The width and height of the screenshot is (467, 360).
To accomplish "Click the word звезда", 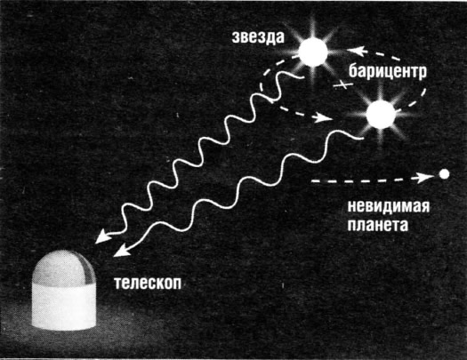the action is (x=258, y=38).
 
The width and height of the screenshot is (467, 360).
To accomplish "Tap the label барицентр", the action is (x=388, y=72).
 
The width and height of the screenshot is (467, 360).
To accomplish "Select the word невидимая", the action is (x=389, y=206).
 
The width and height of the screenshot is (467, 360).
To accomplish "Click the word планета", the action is (x=378, y=225).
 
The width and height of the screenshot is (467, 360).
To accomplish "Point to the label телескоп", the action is (x=148, y=283).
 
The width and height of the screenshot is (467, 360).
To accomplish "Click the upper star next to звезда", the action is (x=313, y=52).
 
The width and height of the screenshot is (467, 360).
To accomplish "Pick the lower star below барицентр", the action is (x=381, y=115).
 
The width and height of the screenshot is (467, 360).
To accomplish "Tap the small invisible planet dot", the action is (x=445, y=174).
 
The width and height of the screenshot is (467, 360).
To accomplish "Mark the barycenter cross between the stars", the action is (x=343, y=84).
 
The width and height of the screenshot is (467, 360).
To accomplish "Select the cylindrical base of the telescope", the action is (x=64, y=307).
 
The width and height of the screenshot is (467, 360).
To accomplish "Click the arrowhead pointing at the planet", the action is (x=425, y=178).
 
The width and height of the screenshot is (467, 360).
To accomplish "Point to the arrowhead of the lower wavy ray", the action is (x=121, y=251).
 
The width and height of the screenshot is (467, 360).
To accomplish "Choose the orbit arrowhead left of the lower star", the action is (x=324, y=117).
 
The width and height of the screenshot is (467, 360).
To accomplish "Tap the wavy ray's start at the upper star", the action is (x=303, y=76).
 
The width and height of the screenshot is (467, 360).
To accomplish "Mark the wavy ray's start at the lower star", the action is (x=362, y=139).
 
